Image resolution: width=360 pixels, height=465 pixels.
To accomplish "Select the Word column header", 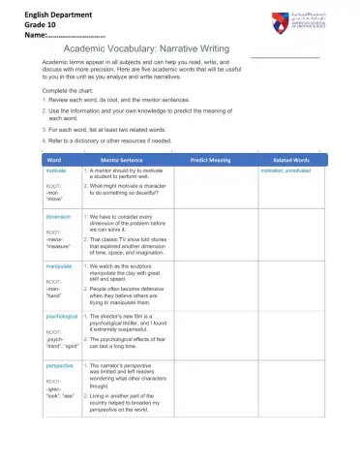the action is point(54,159).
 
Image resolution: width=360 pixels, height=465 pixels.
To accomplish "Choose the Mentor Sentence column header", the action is point(123,159).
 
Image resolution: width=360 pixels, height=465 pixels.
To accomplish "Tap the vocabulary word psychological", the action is point(61,316).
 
